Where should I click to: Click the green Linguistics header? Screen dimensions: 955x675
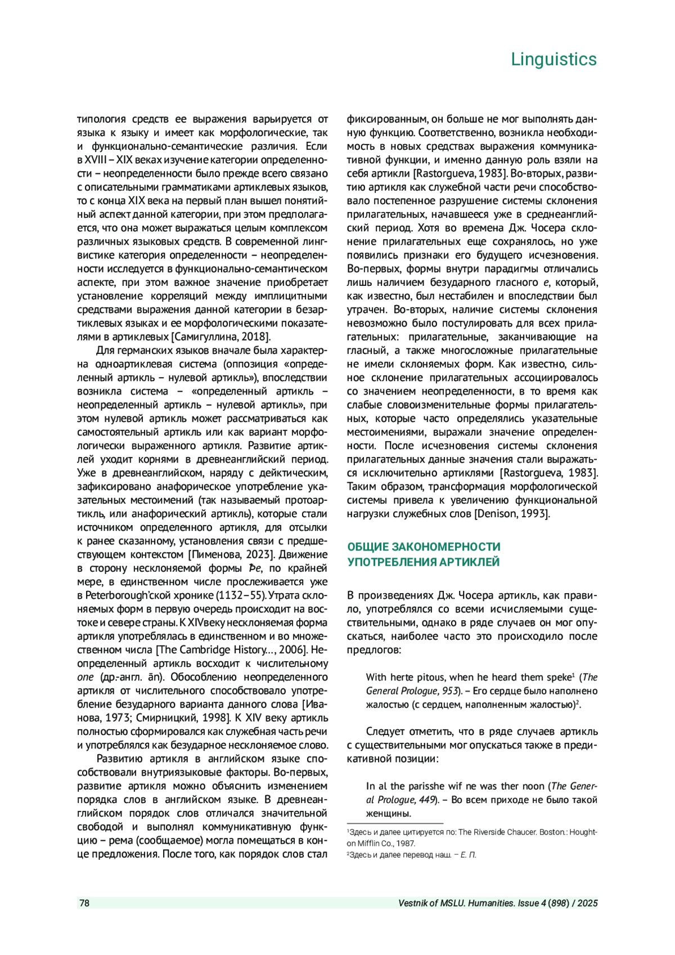pyautogui.click(x=553, y=59)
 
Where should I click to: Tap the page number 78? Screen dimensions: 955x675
pyautogui.click(x=84, y=903)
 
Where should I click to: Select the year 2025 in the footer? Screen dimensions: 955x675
pyautogui.click(x=587, y=903)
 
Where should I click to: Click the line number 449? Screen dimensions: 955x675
pyautogui.click(x=427, y=800)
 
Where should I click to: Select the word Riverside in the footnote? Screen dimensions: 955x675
pyautogui.click(x=497, y=832)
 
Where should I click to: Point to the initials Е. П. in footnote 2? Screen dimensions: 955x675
pyautogui.click(x=469, y=855)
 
